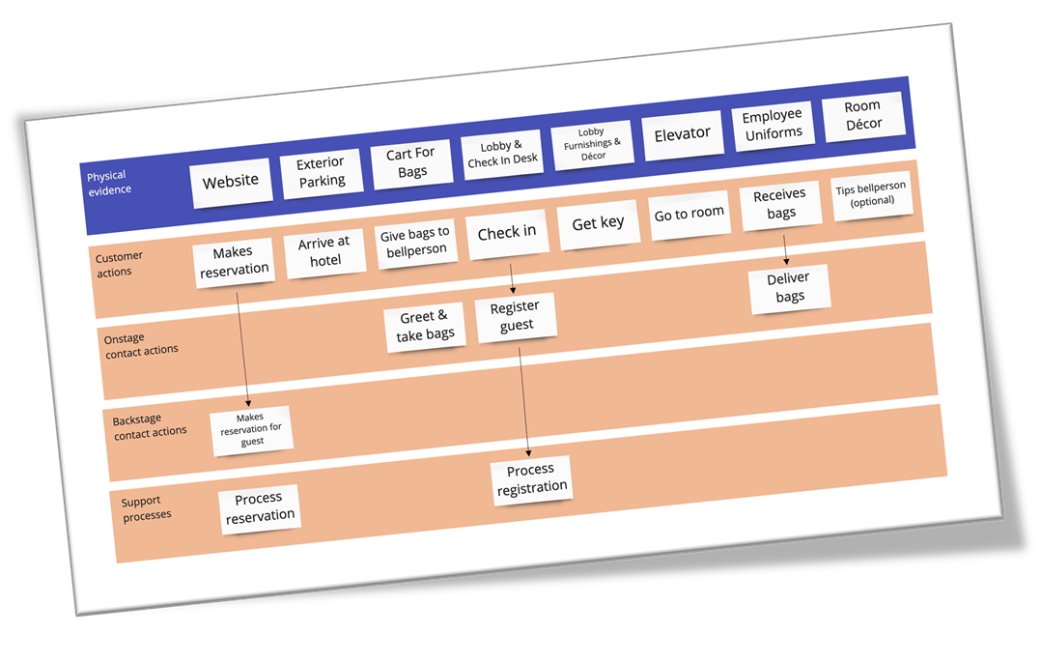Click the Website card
(231, 180)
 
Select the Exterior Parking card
(322, 171)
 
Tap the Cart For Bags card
(411, 162)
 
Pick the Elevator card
(682, 134)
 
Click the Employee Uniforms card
(773, 126)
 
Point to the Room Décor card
(862, 115)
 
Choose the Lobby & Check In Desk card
(502, 154)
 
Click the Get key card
(599, 223)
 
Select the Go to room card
(689, 214)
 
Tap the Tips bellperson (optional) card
(872, 195)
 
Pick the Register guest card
(516, 316)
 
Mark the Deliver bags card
(789, 287)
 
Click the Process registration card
(531, 479)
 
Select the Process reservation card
(259, 507)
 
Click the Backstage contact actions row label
(149, 426)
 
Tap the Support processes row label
(147, 508)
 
